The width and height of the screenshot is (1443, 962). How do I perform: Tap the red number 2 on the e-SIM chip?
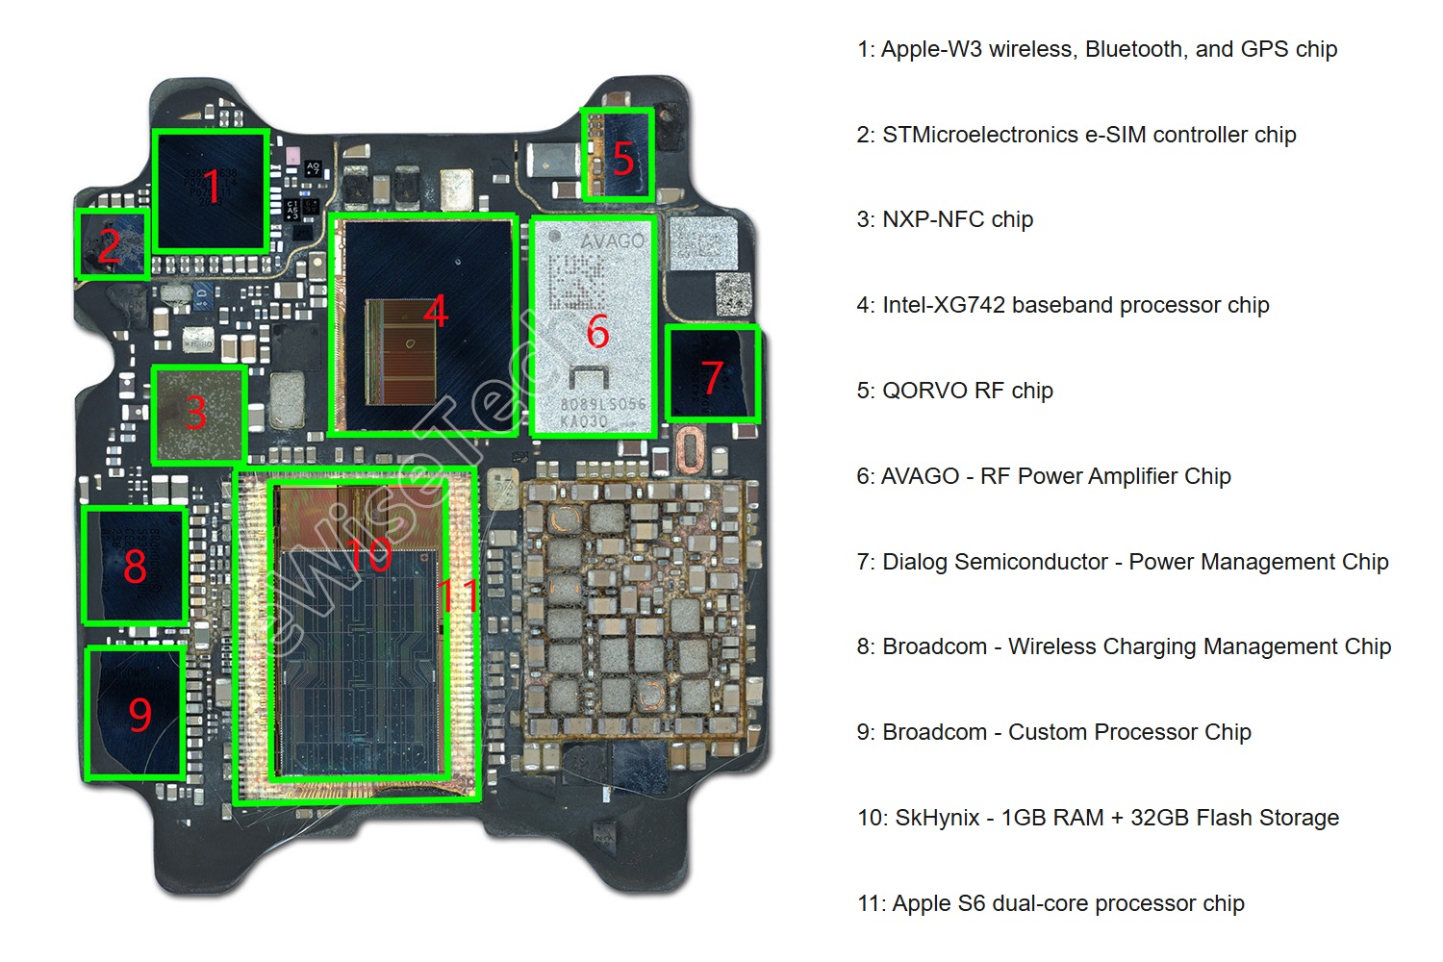point(109,246)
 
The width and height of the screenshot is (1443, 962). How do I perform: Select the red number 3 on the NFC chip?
point(196,413)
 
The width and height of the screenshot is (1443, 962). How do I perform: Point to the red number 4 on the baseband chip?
point(436,311)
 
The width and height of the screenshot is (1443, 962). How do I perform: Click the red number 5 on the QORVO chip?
point(623,159)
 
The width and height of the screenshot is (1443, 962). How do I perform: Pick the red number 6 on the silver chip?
point(597,332)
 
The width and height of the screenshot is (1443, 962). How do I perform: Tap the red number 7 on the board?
point(712,377)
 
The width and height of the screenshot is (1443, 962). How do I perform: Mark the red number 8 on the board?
point(135,566)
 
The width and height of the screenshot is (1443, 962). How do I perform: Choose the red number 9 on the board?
point(139,714)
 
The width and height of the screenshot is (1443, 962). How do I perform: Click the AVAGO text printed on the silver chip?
point(612,240)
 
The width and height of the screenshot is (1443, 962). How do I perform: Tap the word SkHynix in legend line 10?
point(937,818)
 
